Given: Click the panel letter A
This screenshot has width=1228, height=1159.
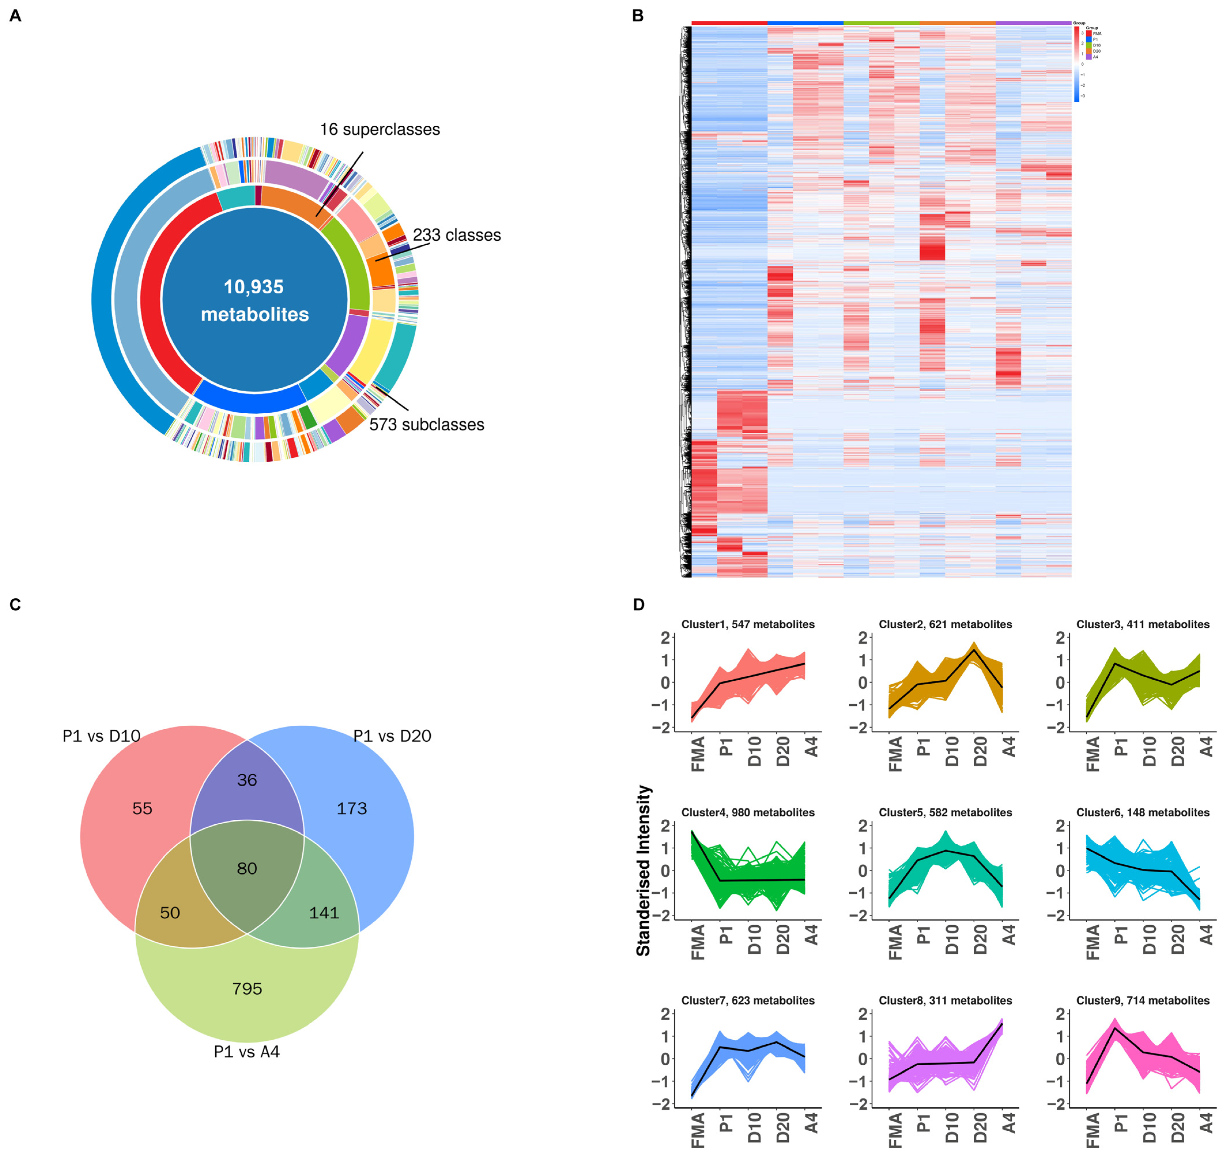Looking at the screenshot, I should [16, 16].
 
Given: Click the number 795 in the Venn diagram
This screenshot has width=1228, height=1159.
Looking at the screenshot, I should [247, 988].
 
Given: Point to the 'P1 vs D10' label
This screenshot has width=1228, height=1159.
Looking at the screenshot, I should [101, 736].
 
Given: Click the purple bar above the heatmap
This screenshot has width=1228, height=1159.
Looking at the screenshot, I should [1033, 23].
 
